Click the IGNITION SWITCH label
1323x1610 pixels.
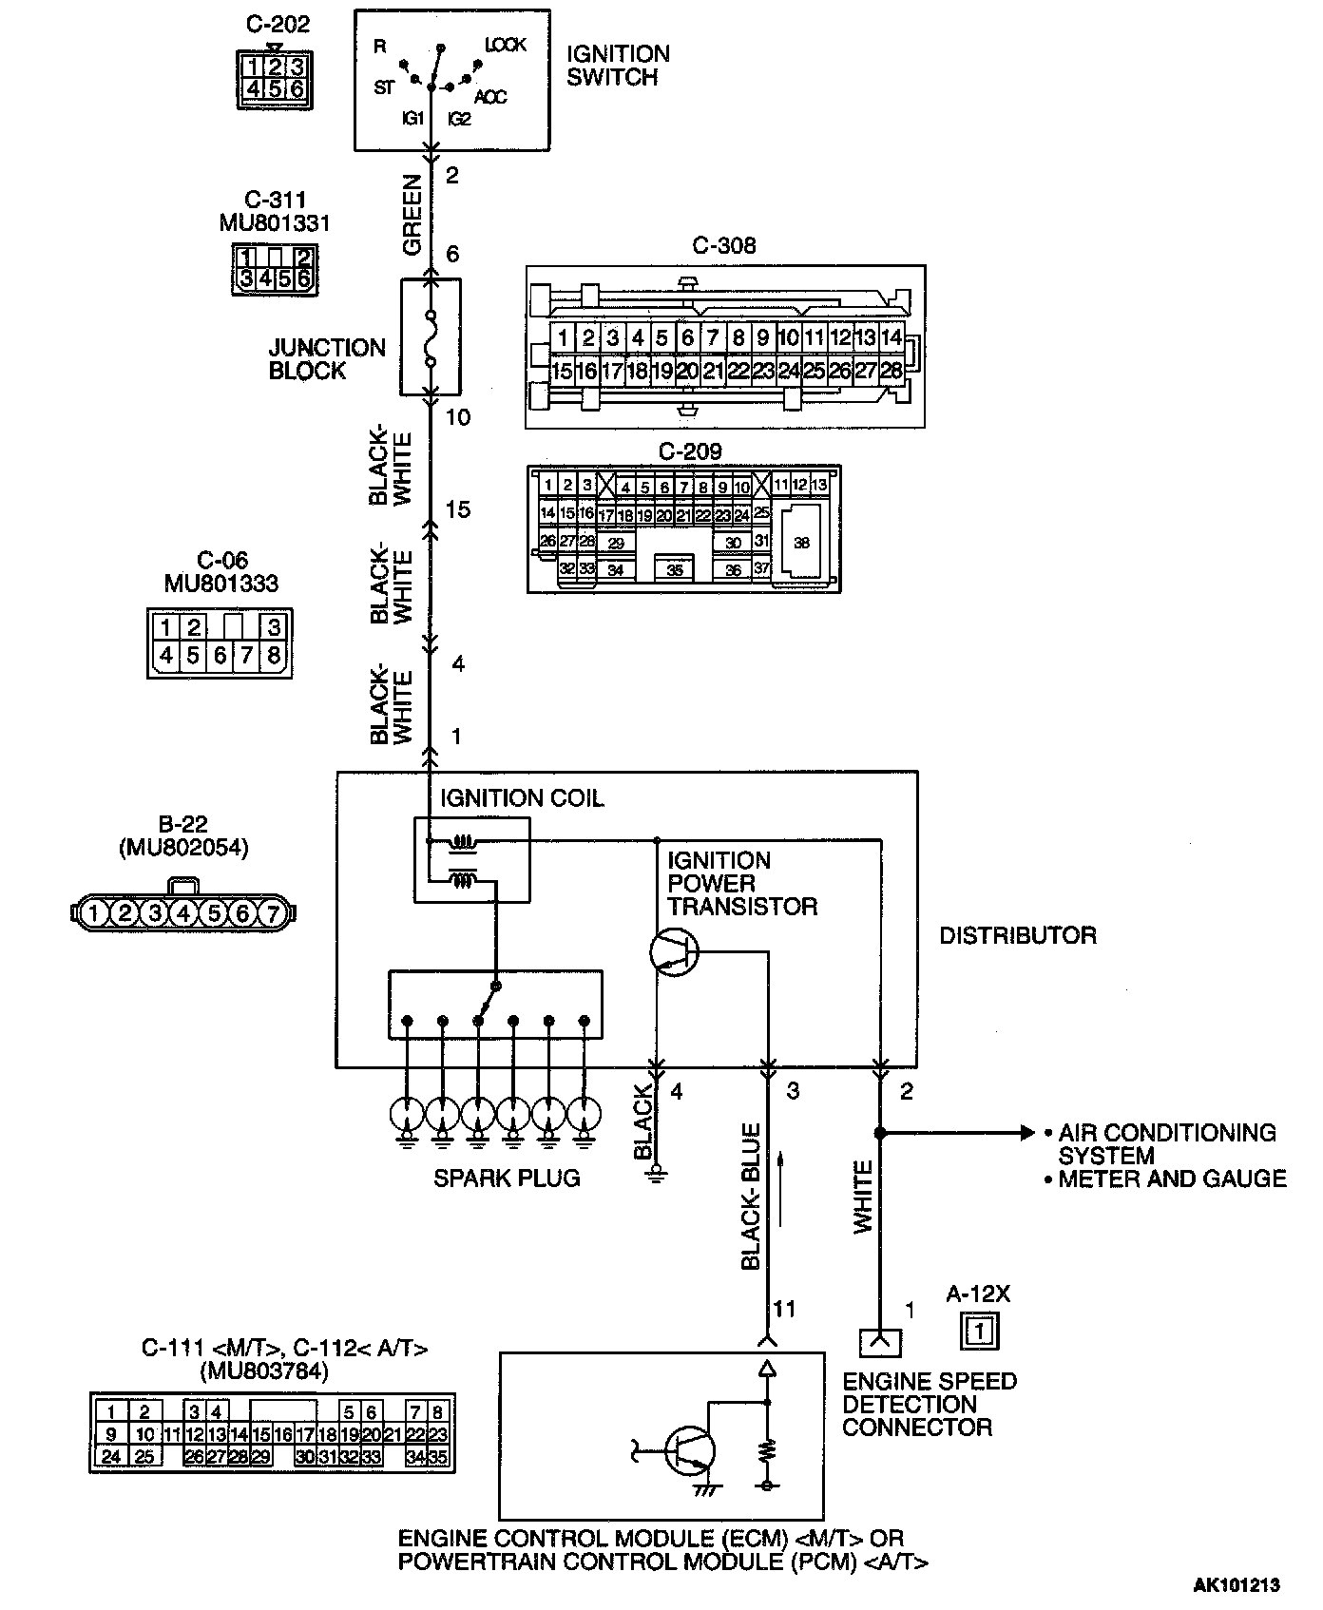point(618,66)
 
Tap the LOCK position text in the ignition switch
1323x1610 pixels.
point(505,45)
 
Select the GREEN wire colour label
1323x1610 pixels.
point(412,215)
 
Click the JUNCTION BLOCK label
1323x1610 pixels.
point(327,359)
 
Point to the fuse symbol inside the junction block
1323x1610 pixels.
point(431,337)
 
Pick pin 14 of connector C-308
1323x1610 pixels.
point(891,337)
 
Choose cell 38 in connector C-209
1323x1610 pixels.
point(801,542)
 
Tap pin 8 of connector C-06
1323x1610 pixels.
point(274,655)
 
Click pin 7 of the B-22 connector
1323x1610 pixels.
point(272,913)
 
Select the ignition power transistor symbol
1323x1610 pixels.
point(674,950)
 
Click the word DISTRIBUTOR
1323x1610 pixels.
point(1017,935)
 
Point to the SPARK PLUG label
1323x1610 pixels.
point(507,1179)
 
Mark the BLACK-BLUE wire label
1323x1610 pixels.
point(751,1198)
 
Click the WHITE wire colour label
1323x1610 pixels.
point(863,1198)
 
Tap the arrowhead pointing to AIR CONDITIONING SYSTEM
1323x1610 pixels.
point(1026,1133)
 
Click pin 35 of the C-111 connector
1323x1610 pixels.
point(438,1455)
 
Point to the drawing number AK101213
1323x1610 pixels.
point(1237,1584)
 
